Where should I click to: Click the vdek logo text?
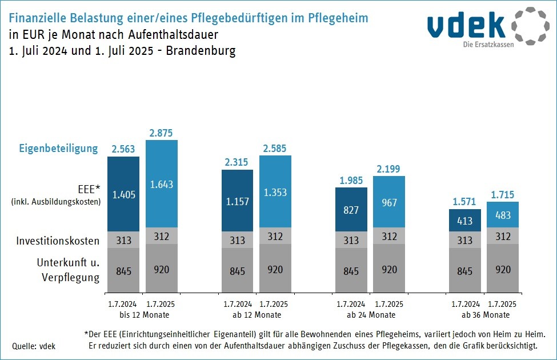point(466,26)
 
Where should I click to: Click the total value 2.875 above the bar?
point(162,132)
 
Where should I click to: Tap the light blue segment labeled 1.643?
point(162,184)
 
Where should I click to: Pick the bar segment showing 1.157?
point(238,201)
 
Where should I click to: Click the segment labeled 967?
point(388,203)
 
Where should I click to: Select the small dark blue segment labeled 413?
point(465,219)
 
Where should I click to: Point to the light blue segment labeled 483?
point(503,215)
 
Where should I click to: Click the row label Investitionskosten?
point(58,241)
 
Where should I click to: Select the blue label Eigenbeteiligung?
point(59,149)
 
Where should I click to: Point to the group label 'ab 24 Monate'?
point(370,315)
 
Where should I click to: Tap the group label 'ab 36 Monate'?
point(484,315)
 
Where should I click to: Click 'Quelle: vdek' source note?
point(34,346)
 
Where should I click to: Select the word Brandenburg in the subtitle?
point(201,50)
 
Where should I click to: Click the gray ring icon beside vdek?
point(530,26)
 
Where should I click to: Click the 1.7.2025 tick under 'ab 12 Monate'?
point(275,304)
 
